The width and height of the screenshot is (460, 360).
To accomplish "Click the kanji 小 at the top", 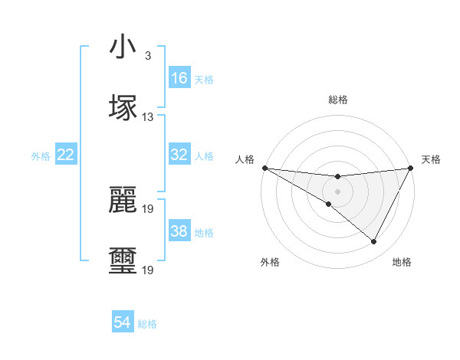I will (123, 47).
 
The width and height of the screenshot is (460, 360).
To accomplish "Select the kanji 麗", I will (123, 200).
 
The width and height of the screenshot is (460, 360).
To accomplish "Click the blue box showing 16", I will (179, 78).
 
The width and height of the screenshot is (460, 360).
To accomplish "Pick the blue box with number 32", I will (179, 155).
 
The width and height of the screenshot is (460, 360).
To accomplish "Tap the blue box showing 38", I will (179, 231).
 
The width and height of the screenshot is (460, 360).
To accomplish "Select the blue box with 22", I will (66, 155).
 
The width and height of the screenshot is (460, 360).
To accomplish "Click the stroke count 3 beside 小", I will (147, 56).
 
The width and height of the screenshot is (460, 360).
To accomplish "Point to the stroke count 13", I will (148, 117).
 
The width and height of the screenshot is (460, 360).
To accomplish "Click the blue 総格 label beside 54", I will (147, 324).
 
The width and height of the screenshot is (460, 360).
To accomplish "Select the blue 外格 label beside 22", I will (41, 155).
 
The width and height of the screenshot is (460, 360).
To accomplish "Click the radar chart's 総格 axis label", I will (337, 100).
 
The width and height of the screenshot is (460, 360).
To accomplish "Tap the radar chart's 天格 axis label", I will (432, 159).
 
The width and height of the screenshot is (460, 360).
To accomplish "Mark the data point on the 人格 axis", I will (264, 167).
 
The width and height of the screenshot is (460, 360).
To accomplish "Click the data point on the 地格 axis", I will (374, 242).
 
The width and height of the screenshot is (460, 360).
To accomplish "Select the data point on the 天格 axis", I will (411, 167).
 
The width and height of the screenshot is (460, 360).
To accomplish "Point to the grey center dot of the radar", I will (337, 191).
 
